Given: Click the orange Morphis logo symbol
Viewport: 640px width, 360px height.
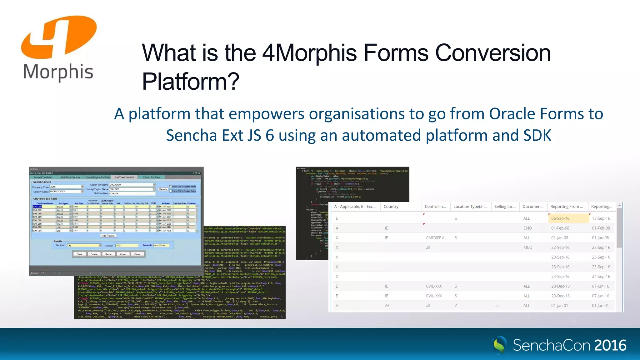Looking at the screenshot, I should tap(59, 37).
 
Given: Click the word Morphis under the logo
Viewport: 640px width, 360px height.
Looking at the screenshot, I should tap(58, 72).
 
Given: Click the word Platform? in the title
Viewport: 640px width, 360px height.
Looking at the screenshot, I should tap(191, 81).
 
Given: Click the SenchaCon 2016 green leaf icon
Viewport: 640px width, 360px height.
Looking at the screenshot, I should tap(499, 345).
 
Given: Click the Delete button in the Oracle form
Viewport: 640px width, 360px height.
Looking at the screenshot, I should tap(94, 254).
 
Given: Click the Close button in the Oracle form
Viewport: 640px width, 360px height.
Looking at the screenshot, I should tap(137, 254).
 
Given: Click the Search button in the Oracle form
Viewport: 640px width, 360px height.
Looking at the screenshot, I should tap(163, 189).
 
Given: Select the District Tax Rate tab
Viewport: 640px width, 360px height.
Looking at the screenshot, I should tap(151, 177).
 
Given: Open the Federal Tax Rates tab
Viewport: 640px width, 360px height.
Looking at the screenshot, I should tap(43, 177).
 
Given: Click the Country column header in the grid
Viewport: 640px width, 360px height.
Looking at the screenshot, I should tap(391, 207).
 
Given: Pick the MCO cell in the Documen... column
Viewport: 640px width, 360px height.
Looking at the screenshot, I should tap(527, 247).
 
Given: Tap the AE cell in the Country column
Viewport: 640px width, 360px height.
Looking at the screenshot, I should tap(387, 306).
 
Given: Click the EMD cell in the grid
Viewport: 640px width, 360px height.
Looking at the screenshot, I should tap(527, 228).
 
